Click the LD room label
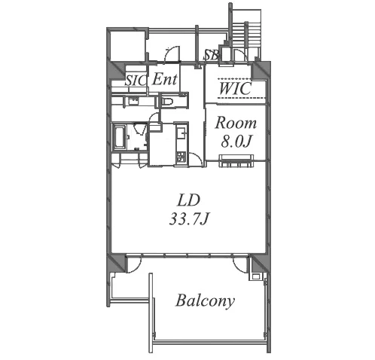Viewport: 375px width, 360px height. (x=188, y=200)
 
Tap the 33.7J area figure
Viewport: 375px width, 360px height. (x=189, y=219)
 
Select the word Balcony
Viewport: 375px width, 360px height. (x=205, y=301)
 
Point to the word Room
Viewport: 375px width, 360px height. (x=236, y=123)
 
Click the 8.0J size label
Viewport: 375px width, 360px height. (x=236, y=142)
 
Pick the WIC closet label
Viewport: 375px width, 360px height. (x=235, y=88)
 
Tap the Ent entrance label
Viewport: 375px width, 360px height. (x=165, y=79)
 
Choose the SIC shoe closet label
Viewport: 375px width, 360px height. (x=136, y=81)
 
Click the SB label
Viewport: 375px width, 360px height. (x=211, y=55)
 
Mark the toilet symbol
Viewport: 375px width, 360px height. (x=167, y=102)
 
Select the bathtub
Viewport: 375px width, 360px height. (x=120, y=137)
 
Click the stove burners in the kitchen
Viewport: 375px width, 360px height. (x=181, y=157)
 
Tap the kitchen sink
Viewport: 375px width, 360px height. (x=181, y=130)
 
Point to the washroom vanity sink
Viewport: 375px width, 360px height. (x=133, y=101)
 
